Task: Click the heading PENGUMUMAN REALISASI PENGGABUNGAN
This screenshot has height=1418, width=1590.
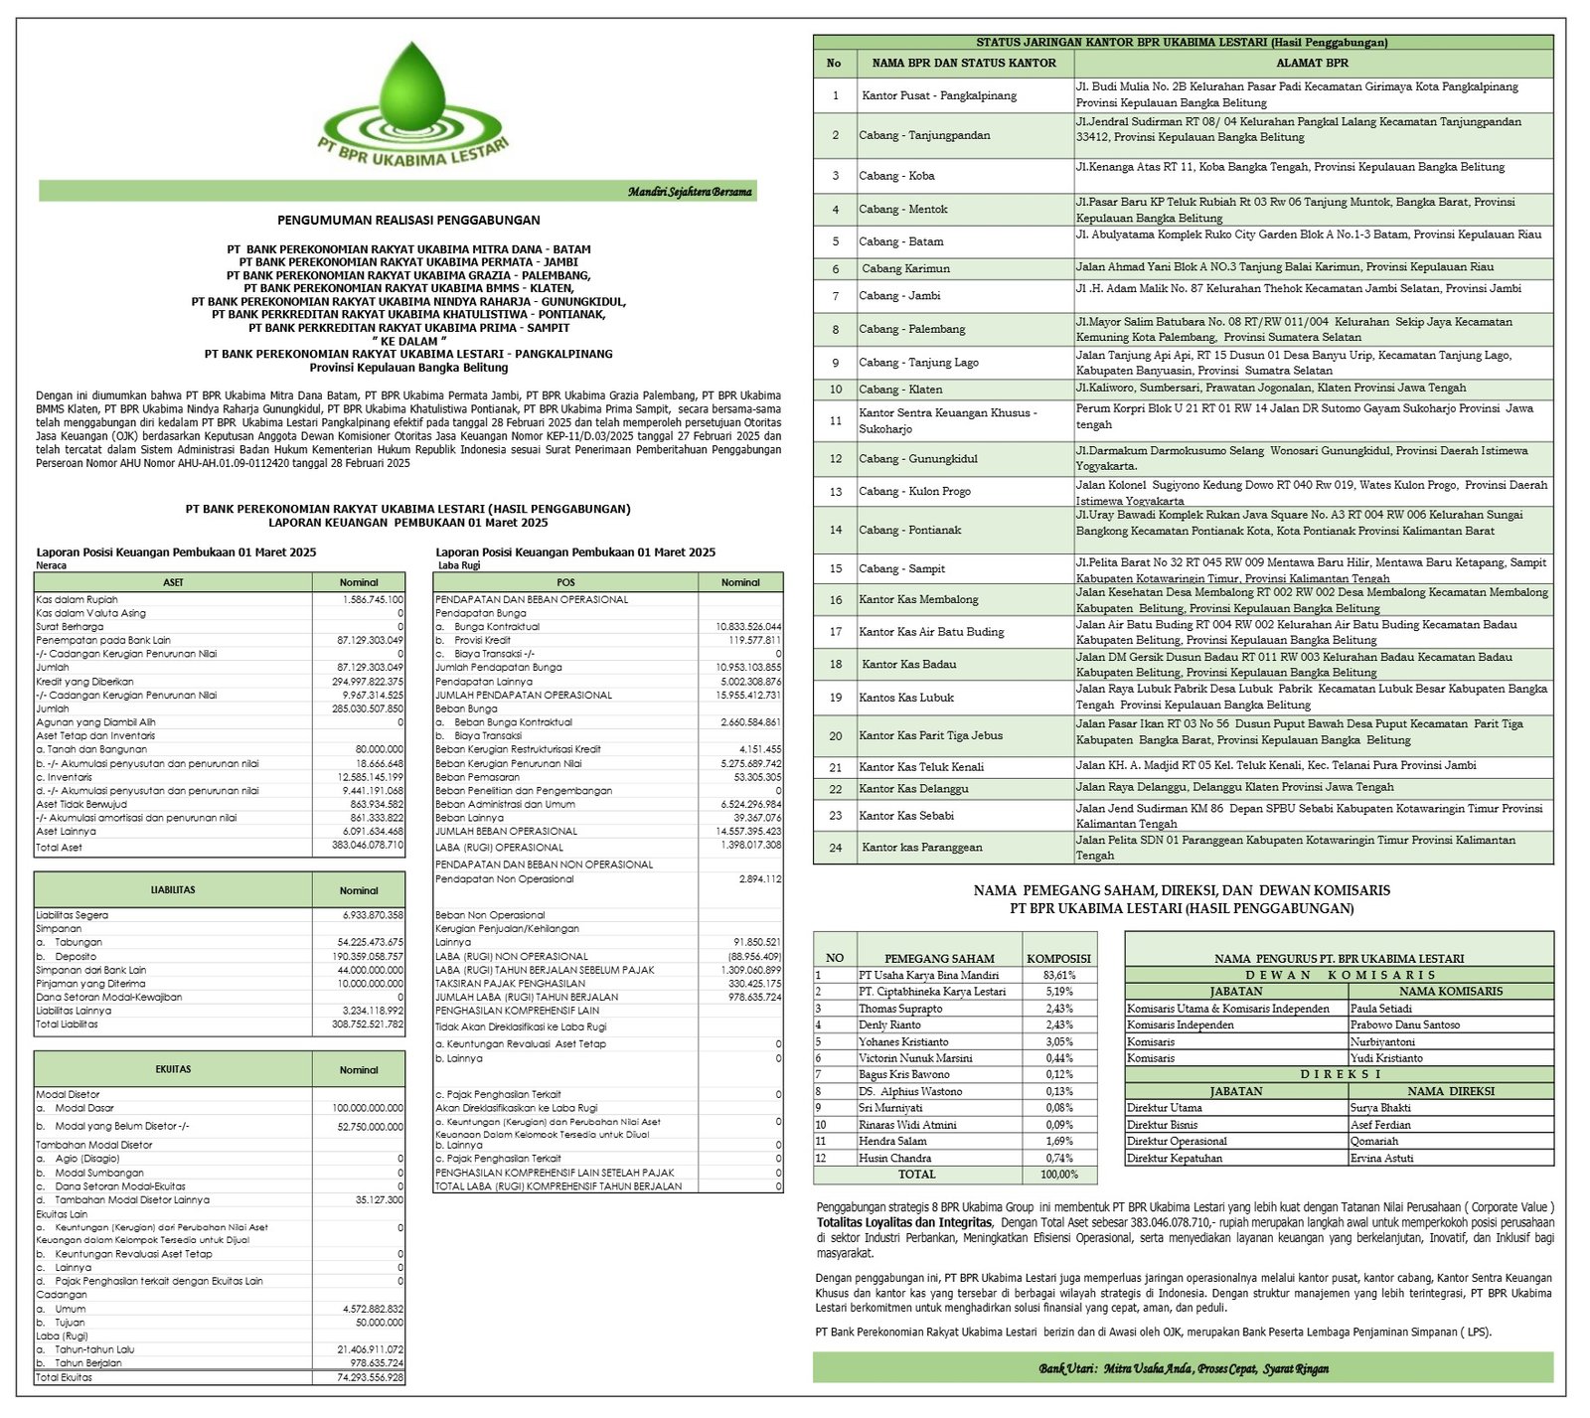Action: pyautogui.click(x=408, y=221)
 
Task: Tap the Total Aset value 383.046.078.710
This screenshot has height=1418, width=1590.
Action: pyautogui.click(x=367, y=846)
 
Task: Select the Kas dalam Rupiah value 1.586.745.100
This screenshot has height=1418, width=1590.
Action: pyautogui.click(x=372, y=599)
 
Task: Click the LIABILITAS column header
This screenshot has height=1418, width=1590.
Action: pyautogui.click(x=173, y=890)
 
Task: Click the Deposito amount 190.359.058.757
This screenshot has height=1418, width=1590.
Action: pyautogui.click(x=369, y=956)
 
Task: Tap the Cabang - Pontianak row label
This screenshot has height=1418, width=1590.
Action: pyautogui.click(x=909, y=531)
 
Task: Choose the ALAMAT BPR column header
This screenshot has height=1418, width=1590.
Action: pyautogui.click(x=1312, y=64)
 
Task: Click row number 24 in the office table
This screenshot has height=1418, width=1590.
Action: pyautogui.click(x=835, y=848)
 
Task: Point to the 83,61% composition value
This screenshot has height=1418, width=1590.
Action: pyautogui.click(x=1058, y=976)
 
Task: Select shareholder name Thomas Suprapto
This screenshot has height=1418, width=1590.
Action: pyautogui.click(x=899, y=1009)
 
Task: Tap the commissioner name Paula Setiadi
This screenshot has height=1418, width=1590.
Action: pyautogui.click(x=1380, y=1009)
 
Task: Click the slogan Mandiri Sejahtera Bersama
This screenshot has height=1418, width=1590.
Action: pyautogui.click(x=689, y=192)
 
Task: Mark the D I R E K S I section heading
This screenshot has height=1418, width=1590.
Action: pyautogui.click(x=1339, y=1074)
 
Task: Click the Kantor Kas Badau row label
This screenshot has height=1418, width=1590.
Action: pyautogui.click(x=908, y=665)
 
